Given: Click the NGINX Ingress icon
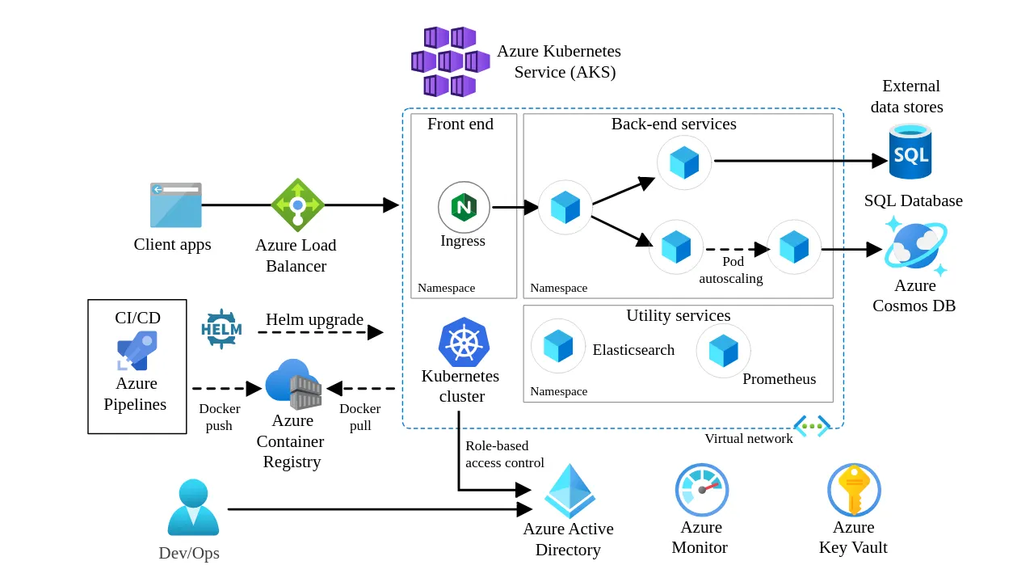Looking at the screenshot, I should coord(464,207).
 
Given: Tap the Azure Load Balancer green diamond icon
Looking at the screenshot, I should coord(297,205).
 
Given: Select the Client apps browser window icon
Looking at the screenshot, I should coord(175,205).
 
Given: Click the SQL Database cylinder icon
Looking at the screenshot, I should coord(910,152).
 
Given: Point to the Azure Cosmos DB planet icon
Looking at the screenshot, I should coord(915,245).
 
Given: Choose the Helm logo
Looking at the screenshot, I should coord(221,329).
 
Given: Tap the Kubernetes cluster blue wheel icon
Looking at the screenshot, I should coord(464,343).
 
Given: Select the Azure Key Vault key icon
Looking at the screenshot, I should coord(854,490).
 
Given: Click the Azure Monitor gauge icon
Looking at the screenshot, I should coord(701,490).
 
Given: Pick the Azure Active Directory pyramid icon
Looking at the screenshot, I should coord(570,491).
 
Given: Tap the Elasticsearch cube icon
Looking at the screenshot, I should coord(558,346).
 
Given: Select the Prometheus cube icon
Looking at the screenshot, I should coord(723,351).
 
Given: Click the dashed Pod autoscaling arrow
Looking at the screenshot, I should coord(734,249).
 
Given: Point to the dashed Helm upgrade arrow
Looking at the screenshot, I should coord(320,332).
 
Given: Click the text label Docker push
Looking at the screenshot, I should coord(219,417).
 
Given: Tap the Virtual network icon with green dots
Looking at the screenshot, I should coord(812,426).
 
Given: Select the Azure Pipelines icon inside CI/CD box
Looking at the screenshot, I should coord(137,351).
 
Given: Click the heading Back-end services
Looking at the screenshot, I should coord(674,124).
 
